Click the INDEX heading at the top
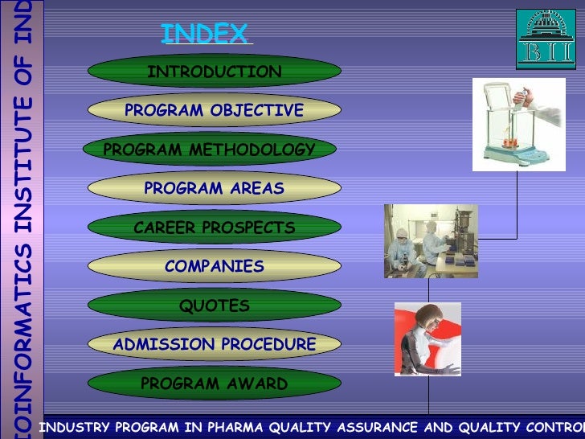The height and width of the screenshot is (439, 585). [205, 34]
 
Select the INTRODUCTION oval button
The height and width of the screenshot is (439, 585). [214, 72]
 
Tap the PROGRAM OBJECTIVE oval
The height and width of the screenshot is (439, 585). [214, 110]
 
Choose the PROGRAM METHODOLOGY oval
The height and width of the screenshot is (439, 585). [210, 150]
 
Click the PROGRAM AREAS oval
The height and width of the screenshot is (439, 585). [214, 189]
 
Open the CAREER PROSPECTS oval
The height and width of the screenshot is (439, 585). [214, 228]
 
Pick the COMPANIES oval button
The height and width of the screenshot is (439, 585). [214, 266]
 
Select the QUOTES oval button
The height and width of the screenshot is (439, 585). [214, 306]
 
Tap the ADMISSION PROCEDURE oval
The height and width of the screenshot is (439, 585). [214, 344]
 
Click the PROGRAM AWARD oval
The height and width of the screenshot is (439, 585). [214, 384]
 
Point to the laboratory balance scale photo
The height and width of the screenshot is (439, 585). [513, 125]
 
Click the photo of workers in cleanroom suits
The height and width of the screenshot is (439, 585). [431, 240]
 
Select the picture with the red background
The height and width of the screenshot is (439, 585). [427, 338]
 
